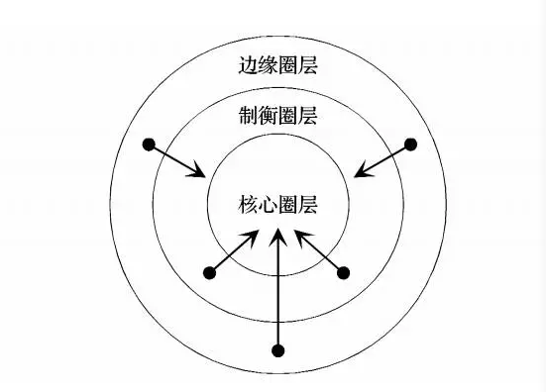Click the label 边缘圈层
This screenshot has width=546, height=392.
pos(277,65)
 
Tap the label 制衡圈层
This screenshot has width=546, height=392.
pos(277,116)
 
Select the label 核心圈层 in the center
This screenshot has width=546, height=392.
pos(277,204)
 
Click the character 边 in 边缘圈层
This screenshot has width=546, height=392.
pos(248,65)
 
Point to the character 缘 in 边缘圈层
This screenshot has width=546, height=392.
pos(268,65)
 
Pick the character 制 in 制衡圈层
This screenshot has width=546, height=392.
pos(248,116)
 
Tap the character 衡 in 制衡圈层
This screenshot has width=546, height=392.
pos(268,116)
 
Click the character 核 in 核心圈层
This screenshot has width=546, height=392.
pos(248,204)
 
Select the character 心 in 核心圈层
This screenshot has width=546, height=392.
pos(268,204)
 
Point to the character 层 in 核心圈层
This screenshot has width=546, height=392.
pos(308,204)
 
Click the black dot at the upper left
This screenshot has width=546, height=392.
pos(149,145)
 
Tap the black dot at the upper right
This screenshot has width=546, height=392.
pos(411,144)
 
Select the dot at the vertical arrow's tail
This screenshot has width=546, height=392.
pos(277,350)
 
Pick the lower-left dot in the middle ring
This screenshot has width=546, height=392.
pos(210,273)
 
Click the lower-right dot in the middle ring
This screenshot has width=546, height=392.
pos(343,273)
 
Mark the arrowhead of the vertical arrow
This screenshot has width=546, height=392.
pos(277,237)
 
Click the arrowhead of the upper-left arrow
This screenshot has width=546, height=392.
pos(198,171)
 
